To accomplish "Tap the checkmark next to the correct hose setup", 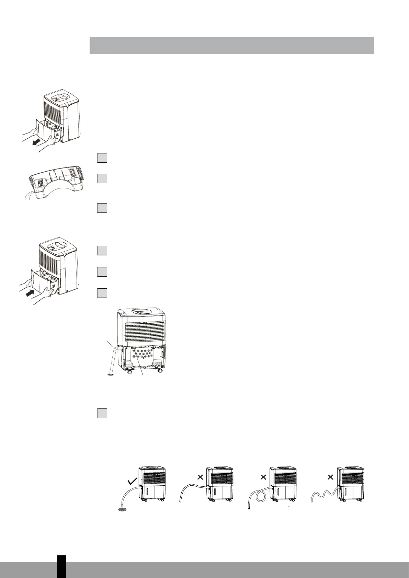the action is tap(132, 482).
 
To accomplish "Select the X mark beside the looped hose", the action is tap(263, 477).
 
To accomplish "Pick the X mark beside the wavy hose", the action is tap(330, 477).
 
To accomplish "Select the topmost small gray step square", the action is tap(102, 158).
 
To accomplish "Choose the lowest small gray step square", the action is tap(102, 413).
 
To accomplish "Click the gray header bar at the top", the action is tap(231, 45).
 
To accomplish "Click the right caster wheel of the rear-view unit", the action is tap(160, 371).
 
